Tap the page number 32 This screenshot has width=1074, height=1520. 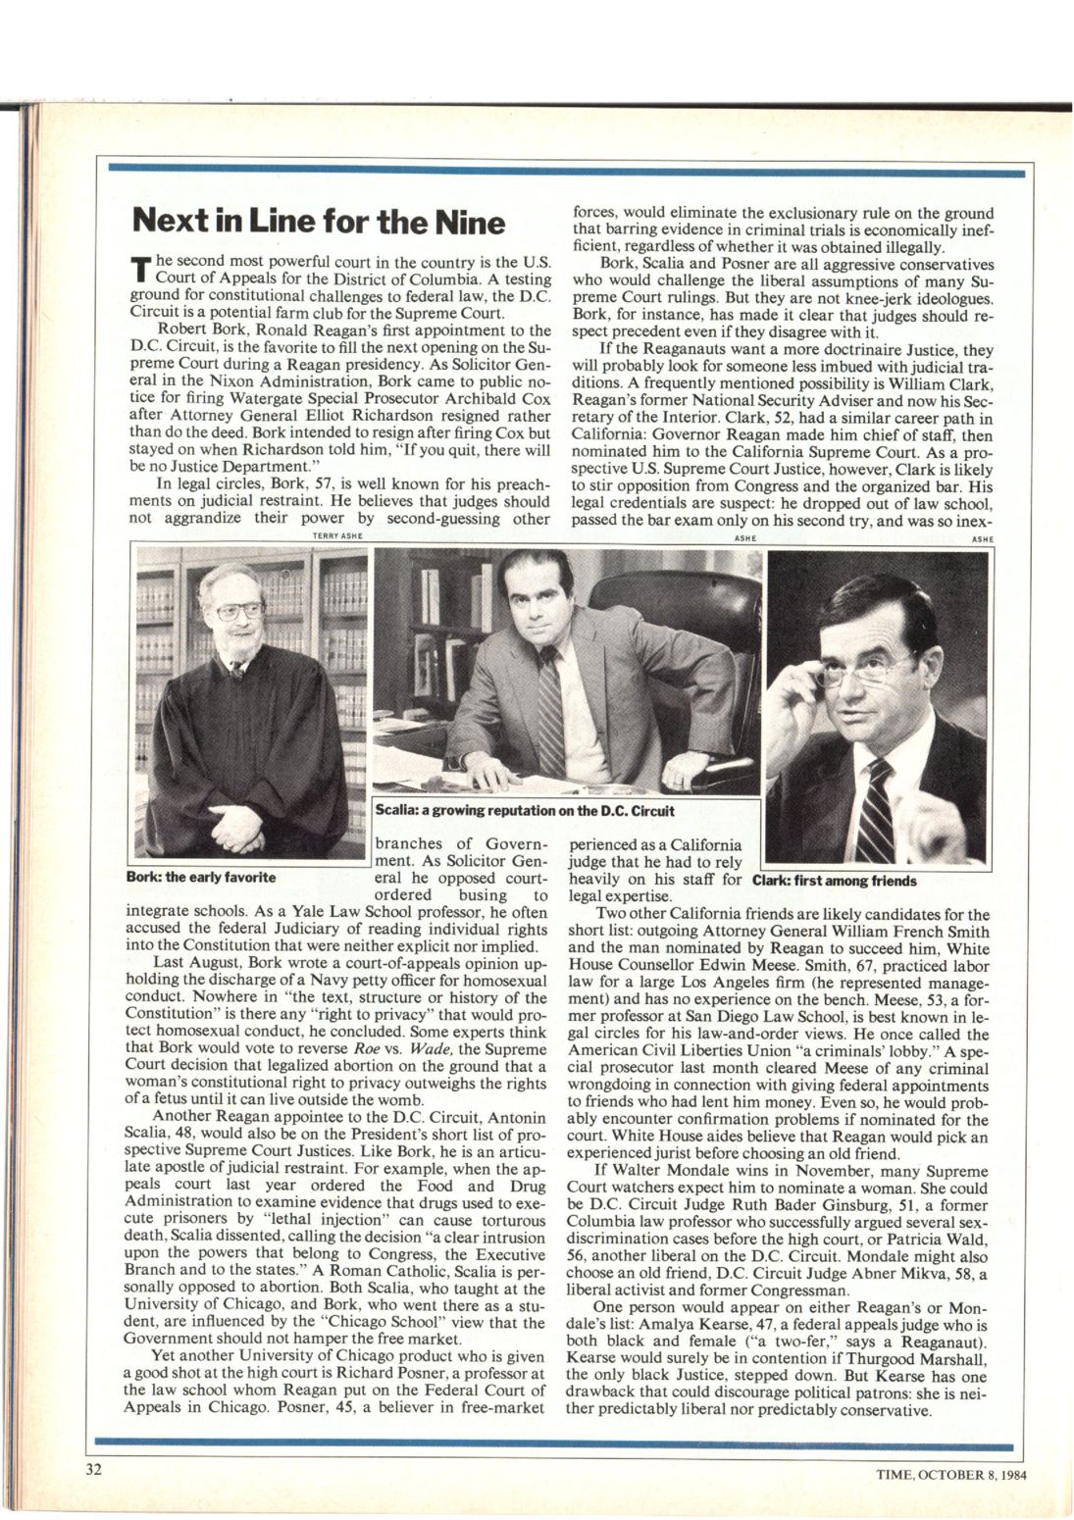point(91,1470)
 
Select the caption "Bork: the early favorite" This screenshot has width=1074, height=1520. point(202,877)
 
